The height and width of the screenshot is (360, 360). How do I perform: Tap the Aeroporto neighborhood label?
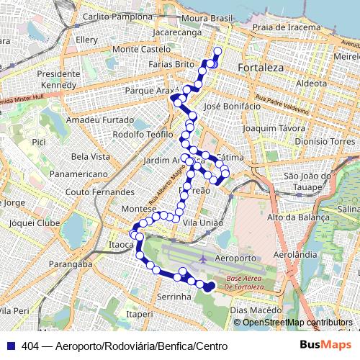coord(236,257)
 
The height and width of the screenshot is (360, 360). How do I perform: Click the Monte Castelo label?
coord(138,49)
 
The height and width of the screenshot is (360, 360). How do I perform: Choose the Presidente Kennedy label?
coord(58,79)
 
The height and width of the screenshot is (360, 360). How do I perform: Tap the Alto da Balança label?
coord(292,217)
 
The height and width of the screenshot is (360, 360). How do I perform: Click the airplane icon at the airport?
coord(204,258)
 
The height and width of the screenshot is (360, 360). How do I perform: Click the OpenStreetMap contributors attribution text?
coord(297,323)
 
